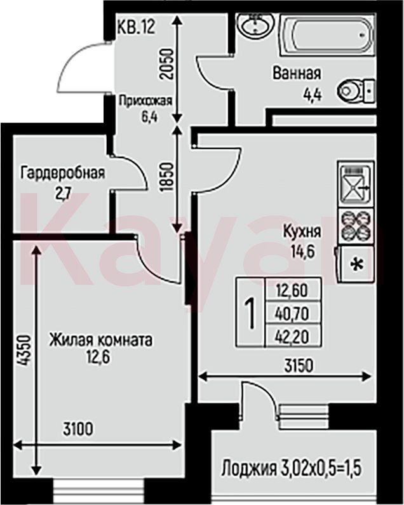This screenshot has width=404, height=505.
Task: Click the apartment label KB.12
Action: [x=137, y=27]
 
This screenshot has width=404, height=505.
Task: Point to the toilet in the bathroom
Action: [x=356, y=90]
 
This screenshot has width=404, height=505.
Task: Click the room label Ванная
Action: [x=297, y=73]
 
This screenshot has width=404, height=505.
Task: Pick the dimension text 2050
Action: [x=167, y=64]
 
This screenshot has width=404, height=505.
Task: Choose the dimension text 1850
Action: [x=167, y=177]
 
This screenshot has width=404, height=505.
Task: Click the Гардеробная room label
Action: [x=63, y=173]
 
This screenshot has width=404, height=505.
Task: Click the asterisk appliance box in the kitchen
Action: [x=356, y=264]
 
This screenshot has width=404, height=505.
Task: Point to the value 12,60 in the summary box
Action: [x=292, y=291]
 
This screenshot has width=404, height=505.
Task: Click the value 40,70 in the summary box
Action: [x=292, y=313]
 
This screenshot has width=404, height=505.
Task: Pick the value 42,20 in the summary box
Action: [x=292, y=337]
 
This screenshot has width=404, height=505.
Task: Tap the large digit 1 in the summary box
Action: [x=250, y=313]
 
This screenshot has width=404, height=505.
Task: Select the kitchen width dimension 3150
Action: [x=299, y=365]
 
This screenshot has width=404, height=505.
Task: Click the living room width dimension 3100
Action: [x=78, y=429]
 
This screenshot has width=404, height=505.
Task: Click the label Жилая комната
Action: [x=100, y=340]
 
